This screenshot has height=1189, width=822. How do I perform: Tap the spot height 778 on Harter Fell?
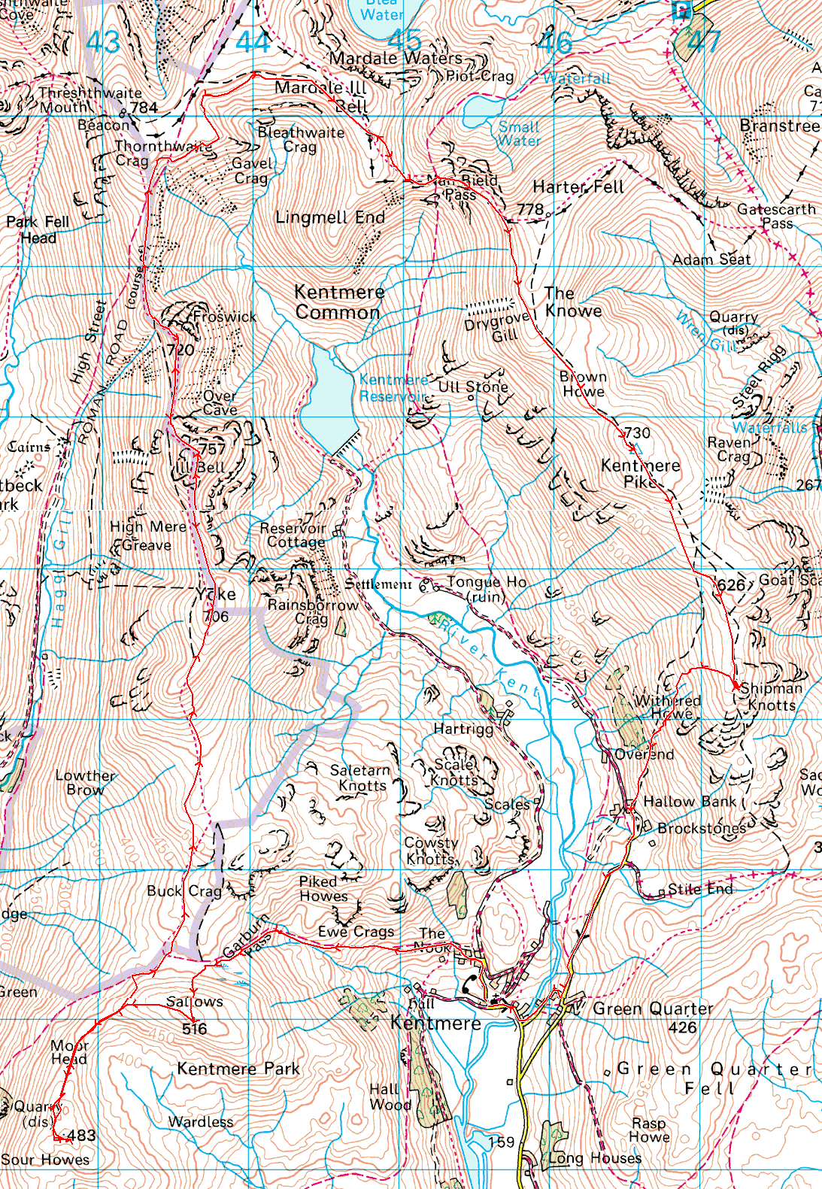click(x=530, y=210)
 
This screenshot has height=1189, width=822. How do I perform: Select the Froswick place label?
click(x=225, y=317)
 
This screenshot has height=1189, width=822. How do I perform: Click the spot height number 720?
click(x=180, y=350)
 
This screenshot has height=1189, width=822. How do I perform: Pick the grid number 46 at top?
click(x=555, y=43)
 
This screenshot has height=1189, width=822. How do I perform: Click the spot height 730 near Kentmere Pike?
click(x=637, y=432)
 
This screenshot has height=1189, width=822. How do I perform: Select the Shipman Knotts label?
click(x=771, y=696)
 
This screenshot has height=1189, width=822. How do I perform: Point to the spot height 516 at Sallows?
click(x=194, y=1029)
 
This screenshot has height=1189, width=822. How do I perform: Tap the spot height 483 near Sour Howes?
click(x=81, y=1136)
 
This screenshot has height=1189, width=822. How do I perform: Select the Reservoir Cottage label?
click(x=293, y=535)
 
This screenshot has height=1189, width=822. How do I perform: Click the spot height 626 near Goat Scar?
click(x=730, y=584)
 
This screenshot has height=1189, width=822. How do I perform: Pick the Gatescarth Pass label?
click(x=776, y=216)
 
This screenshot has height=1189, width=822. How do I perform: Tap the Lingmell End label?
click(x=330, y=217)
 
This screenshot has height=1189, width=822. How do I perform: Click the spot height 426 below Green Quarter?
click(x=683, y=1027)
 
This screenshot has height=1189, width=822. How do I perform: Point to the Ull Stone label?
click(x=473, y=387)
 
